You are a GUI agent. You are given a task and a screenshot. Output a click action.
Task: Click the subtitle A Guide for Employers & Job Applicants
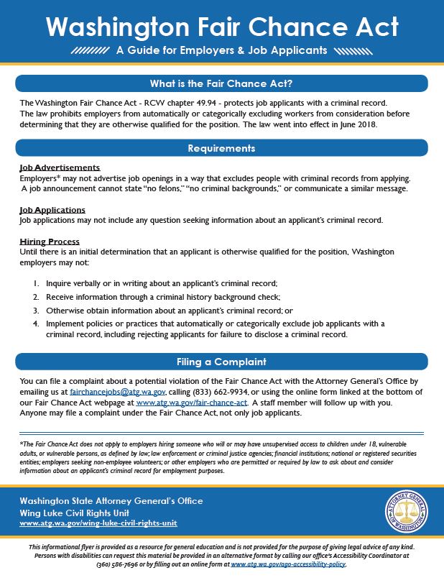click(x=221, y=51)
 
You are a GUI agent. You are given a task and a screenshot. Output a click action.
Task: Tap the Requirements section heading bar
click(x=221, y=148)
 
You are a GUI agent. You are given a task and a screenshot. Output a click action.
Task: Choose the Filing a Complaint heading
click(x=221, y=362)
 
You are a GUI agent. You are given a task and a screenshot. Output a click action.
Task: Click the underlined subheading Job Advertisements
click(x=60, y=168)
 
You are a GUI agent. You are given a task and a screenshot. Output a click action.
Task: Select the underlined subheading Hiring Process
click(x=50, y=242)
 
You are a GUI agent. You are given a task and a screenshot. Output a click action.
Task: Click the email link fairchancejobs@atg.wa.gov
click(x=118, y=392)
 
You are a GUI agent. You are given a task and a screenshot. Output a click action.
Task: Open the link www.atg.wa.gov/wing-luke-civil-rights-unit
click(x=98, y=523)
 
